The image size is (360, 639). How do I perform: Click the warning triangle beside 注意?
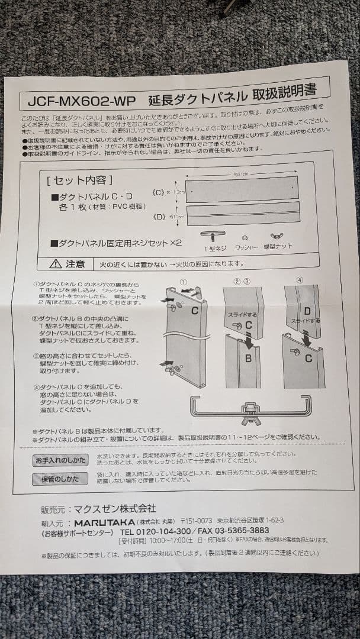(56, 264)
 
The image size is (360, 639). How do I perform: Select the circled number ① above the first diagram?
(184, 281)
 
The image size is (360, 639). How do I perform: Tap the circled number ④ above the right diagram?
(300, 280)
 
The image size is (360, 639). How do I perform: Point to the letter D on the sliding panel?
(307, 311)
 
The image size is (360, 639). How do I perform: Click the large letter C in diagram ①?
(194, 311)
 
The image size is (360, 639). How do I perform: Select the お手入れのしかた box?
(60, 460)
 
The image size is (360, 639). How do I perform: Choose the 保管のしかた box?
(60, 479)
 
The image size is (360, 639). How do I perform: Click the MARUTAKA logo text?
(104, 523)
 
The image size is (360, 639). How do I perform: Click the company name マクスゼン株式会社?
(114, 508)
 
